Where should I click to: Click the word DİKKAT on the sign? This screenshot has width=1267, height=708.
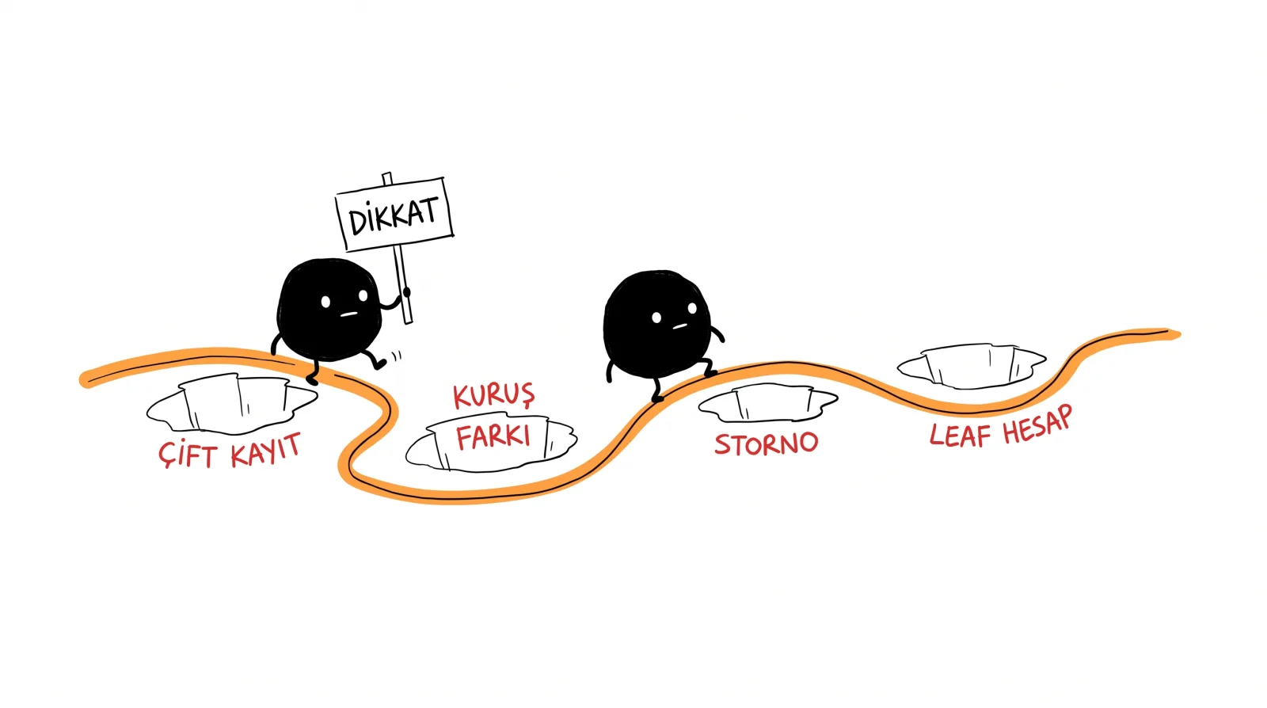393,215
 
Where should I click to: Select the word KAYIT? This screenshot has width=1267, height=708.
266,450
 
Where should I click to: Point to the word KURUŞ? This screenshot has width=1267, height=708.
494,395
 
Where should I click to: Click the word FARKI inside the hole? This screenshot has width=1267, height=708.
493,437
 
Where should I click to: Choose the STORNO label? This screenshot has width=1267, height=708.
767,444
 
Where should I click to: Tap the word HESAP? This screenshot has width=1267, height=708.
1037,424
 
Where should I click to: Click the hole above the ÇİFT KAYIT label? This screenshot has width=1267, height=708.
232,404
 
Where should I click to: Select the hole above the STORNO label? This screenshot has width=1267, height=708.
768,402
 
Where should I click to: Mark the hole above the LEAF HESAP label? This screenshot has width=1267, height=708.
972,366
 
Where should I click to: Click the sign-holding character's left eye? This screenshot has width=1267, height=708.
325,302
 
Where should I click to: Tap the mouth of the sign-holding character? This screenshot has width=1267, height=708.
348,314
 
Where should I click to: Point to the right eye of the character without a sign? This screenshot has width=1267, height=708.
692,308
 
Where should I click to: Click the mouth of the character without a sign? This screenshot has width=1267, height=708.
679,326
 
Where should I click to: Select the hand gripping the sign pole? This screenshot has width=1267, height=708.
405,293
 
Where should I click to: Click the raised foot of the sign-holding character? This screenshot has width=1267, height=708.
380,364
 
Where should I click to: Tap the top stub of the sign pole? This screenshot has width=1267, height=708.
387,179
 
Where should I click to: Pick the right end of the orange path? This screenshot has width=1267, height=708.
1178,334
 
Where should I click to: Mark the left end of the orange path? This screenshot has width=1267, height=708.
84,380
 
